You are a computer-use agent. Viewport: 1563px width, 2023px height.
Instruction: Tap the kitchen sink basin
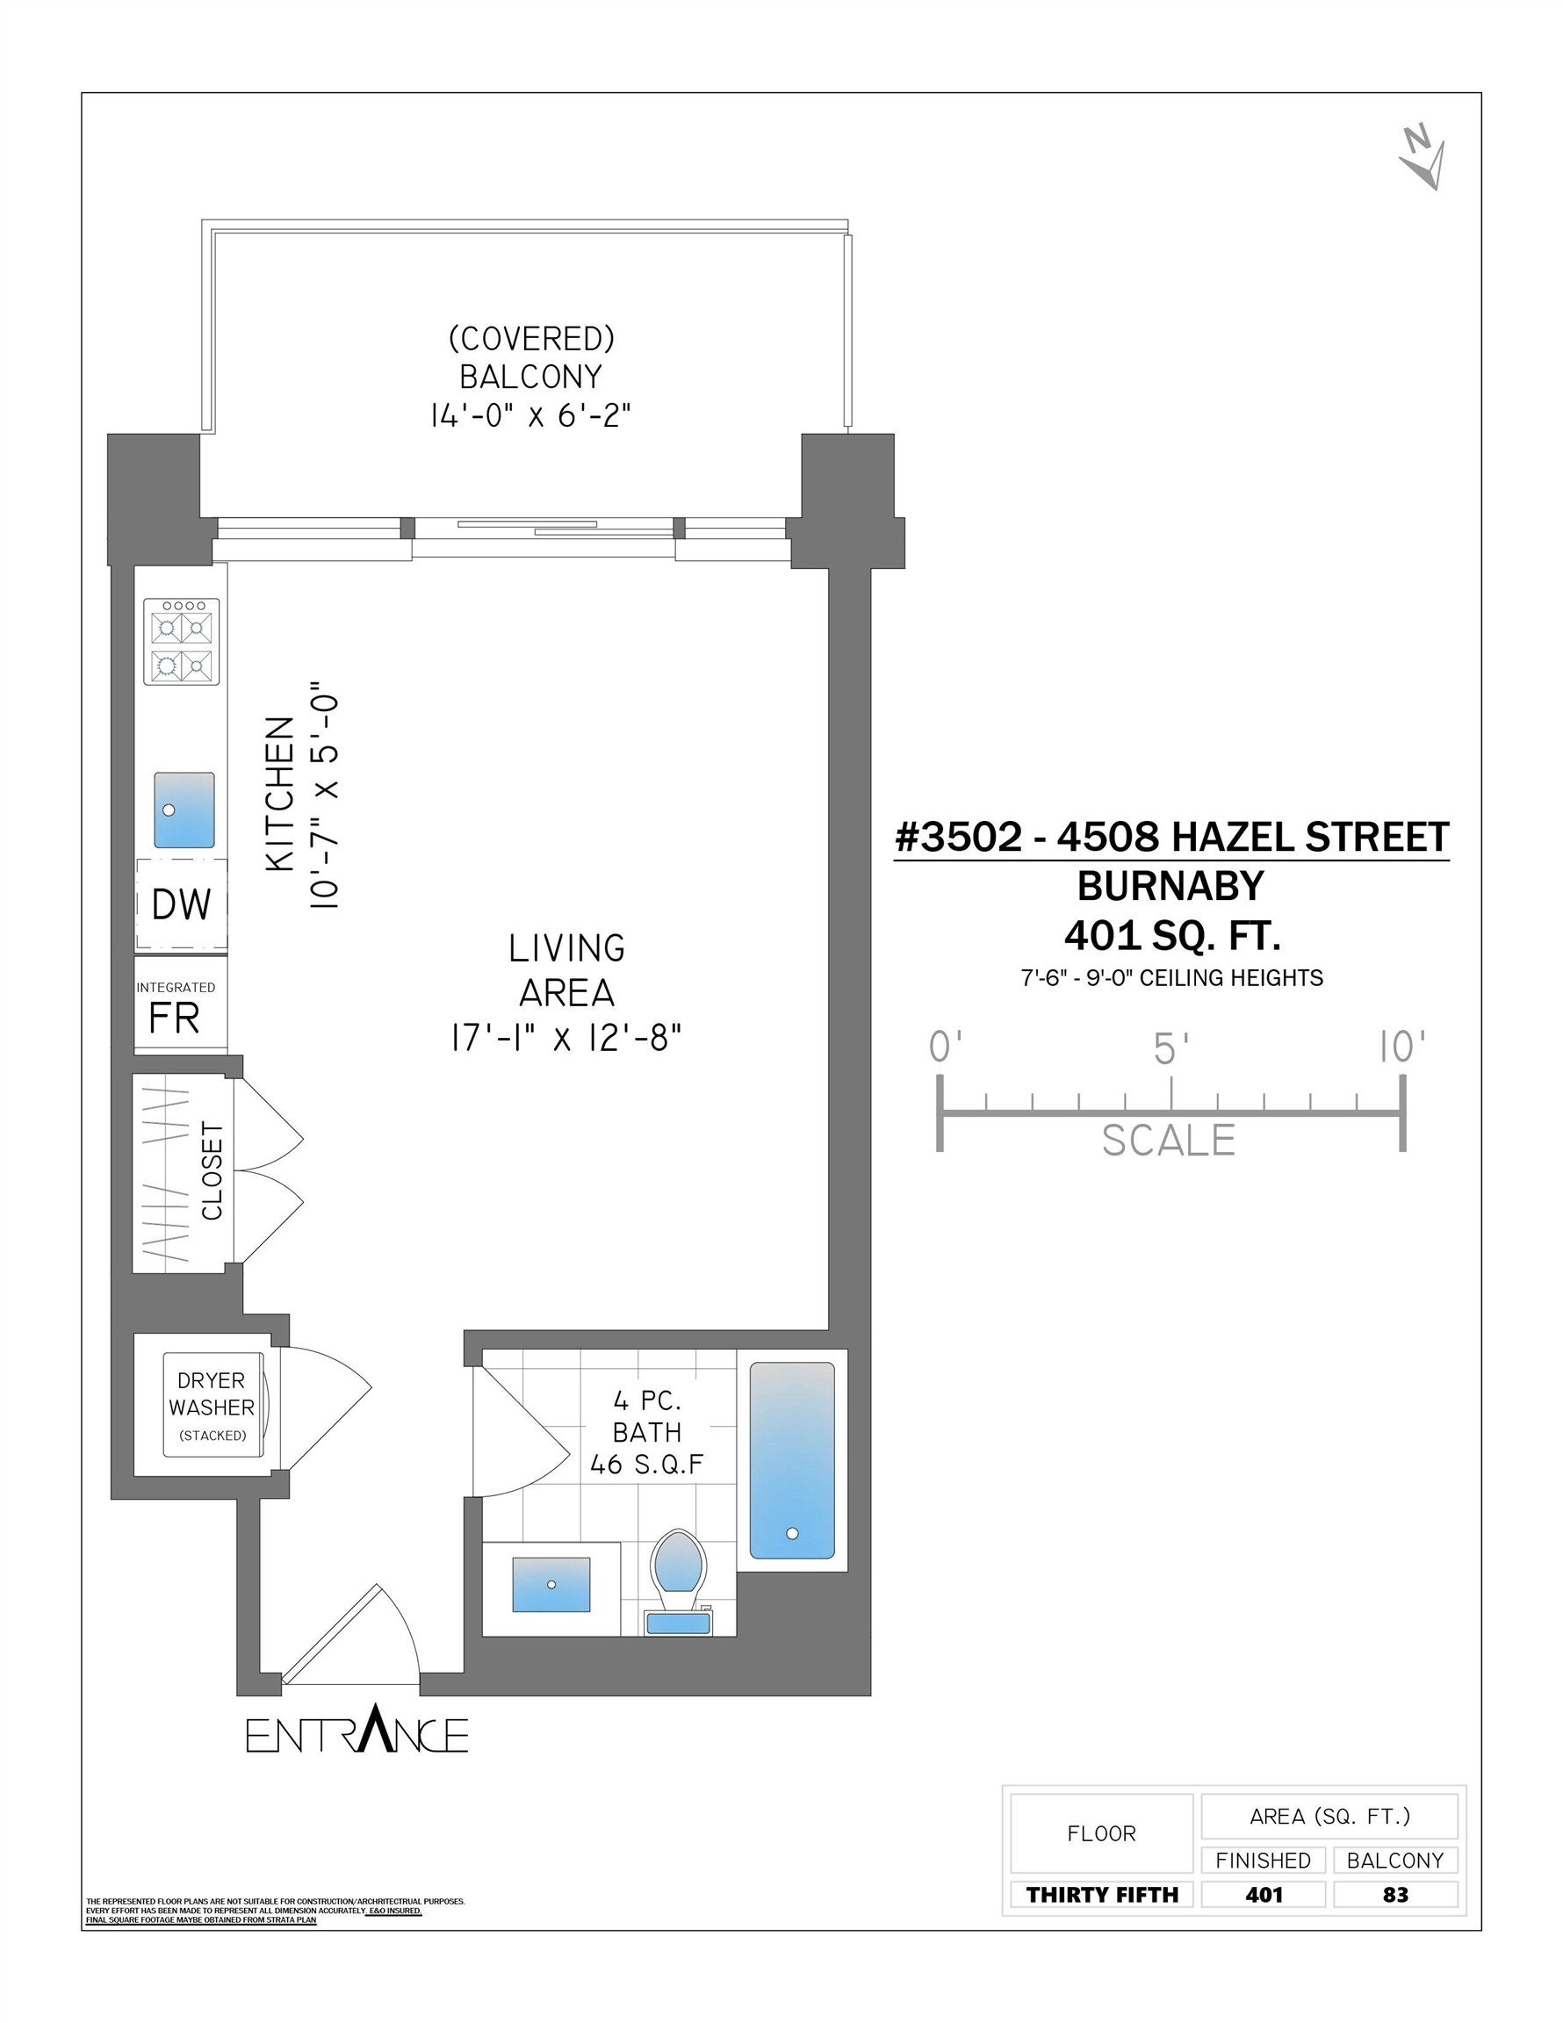coord(184,810)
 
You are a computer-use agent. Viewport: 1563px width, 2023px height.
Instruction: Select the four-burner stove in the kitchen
coord(182,642)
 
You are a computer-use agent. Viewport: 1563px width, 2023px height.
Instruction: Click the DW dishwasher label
coord(181,905)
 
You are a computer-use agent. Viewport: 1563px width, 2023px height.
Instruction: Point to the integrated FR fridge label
coord(174,1018)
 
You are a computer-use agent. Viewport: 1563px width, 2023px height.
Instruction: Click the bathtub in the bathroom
coord(791,1461)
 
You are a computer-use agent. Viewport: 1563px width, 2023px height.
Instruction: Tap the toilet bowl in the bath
coord(678,1562)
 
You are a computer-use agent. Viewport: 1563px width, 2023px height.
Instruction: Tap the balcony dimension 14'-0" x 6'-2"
coord(530,415)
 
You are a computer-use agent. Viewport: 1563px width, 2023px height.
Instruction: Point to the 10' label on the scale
coord(1401,1047)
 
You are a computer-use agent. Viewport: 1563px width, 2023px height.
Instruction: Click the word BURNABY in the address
coord(1170,887)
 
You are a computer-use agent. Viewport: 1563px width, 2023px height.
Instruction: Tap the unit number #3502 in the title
coord(958,838)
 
